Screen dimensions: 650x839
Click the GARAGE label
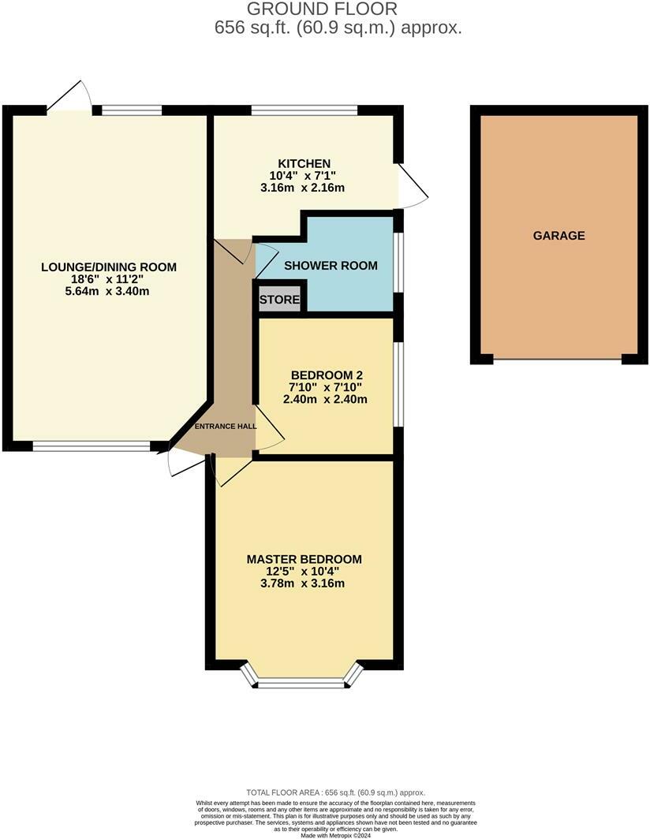(558, 236)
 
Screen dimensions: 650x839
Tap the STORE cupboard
(279, 300)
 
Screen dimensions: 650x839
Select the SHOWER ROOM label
(331, 266)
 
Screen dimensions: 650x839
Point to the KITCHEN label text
(304, 163)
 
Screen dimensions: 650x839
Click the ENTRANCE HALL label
(226, 427)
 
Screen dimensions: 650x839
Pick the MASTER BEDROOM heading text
(304, 559)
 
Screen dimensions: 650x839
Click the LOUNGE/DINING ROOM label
(109, 267)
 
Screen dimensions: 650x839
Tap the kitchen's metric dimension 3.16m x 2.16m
(302, 188)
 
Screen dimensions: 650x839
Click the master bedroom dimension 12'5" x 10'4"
(302, 572)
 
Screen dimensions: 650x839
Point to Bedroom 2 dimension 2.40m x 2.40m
(325, 399)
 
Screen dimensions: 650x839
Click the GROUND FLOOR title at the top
(323, 9)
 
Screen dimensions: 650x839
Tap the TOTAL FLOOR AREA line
(336, 792)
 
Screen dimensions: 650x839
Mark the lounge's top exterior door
(69, 96)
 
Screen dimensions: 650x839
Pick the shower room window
(399, 262)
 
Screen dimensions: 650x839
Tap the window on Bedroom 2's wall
(399, 384)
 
